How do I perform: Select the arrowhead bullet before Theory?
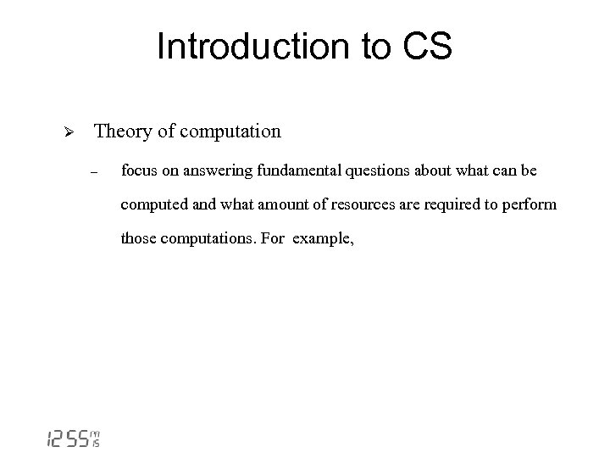pos(71,133)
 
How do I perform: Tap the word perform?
pos(530,205)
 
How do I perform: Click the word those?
pos(137,238)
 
